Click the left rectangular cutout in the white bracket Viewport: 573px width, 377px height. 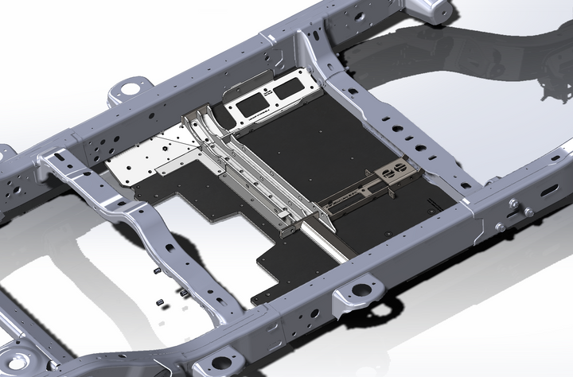click(252, 102)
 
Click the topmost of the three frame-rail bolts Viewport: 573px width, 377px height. click(513, 204)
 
